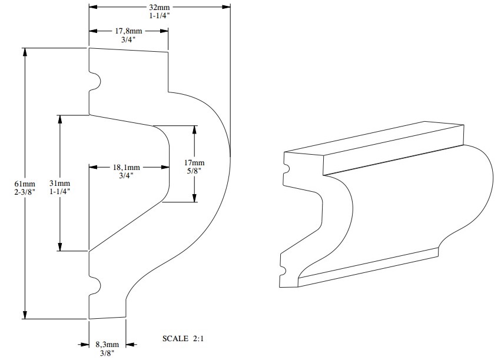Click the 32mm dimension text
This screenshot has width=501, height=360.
(159, 7)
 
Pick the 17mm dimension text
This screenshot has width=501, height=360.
(194, 162)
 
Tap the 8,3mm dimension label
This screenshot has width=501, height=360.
(107, 344)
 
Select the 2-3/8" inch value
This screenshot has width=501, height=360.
(25, 192)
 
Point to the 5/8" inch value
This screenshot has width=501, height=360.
(194, 171)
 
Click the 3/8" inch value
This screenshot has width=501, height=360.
(107, 352)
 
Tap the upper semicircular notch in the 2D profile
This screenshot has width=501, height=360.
(95, 81)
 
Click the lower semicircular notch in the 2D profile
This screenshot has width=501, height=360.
(95, 286)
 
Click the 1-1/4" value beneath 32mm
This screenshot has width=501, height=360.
(159, 16)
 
